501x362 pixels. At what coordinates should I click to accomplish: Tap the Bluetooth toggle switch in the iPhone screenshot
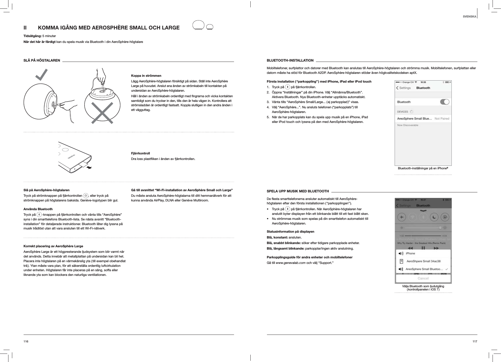444,102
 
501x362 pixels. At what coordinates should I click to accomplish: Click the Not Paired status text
442,119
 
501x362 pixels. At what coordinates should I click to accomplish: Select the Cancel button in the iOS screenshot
423,278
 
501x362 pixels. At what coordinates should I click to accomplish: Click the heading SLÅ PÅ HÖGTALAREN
42,60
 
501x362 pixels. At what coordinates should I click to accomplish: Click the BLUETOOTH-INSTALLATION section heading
290,60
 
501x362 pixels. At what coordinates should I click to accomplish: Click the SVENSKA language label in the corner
470,16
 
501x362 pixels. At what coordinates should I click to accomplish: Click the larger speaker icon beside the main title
198,26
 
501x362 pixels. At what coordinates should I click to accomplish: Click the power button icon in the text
85,196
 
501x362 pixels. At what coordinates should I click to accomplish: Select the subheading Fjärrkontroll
140,153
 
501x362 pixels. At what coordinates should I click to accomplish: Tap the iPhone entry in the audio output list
410,253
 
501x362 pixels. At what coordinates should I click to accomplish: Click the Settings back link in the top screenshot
403,88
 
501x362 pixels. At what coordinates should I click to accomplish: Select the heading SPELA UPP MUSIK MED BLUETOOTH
298,191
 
